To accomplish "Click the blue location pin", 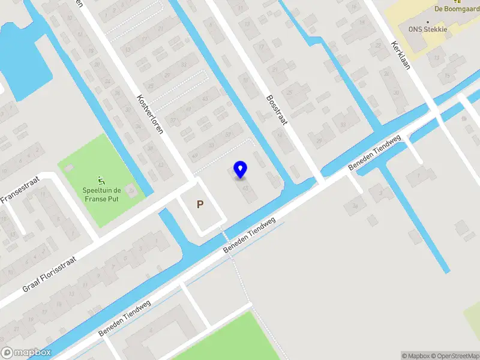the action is (x=241, y=169).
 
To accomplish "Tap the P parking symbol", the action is (x=200, y=205).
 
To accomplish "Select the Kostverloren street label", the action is (x=150, y=114).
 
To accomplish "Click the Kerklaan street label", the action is (x=400, y=56).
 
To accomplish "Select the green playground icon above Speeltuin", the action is (x=100, y=180).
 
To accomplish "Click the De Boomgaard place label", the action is (x=457, y=9).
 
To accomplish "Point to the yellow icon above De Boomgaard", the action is (x=457, y=1).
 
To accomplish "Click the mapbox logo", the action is (x=25, y=353).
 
